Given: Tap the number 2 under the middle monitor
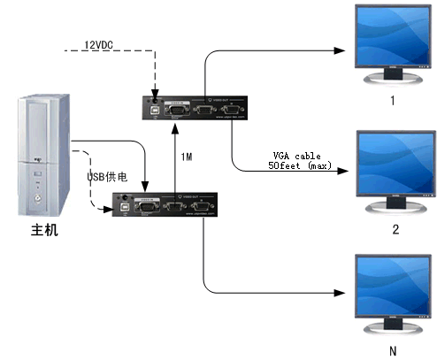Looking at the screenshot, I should tap(395, 230).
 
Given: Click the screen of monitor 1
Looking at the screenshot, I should tap(395, 39).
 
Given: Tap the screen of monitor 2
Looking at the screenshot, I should tap(395, 165).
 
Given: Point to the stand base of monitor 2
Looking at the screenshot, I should tap(395, 212).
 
